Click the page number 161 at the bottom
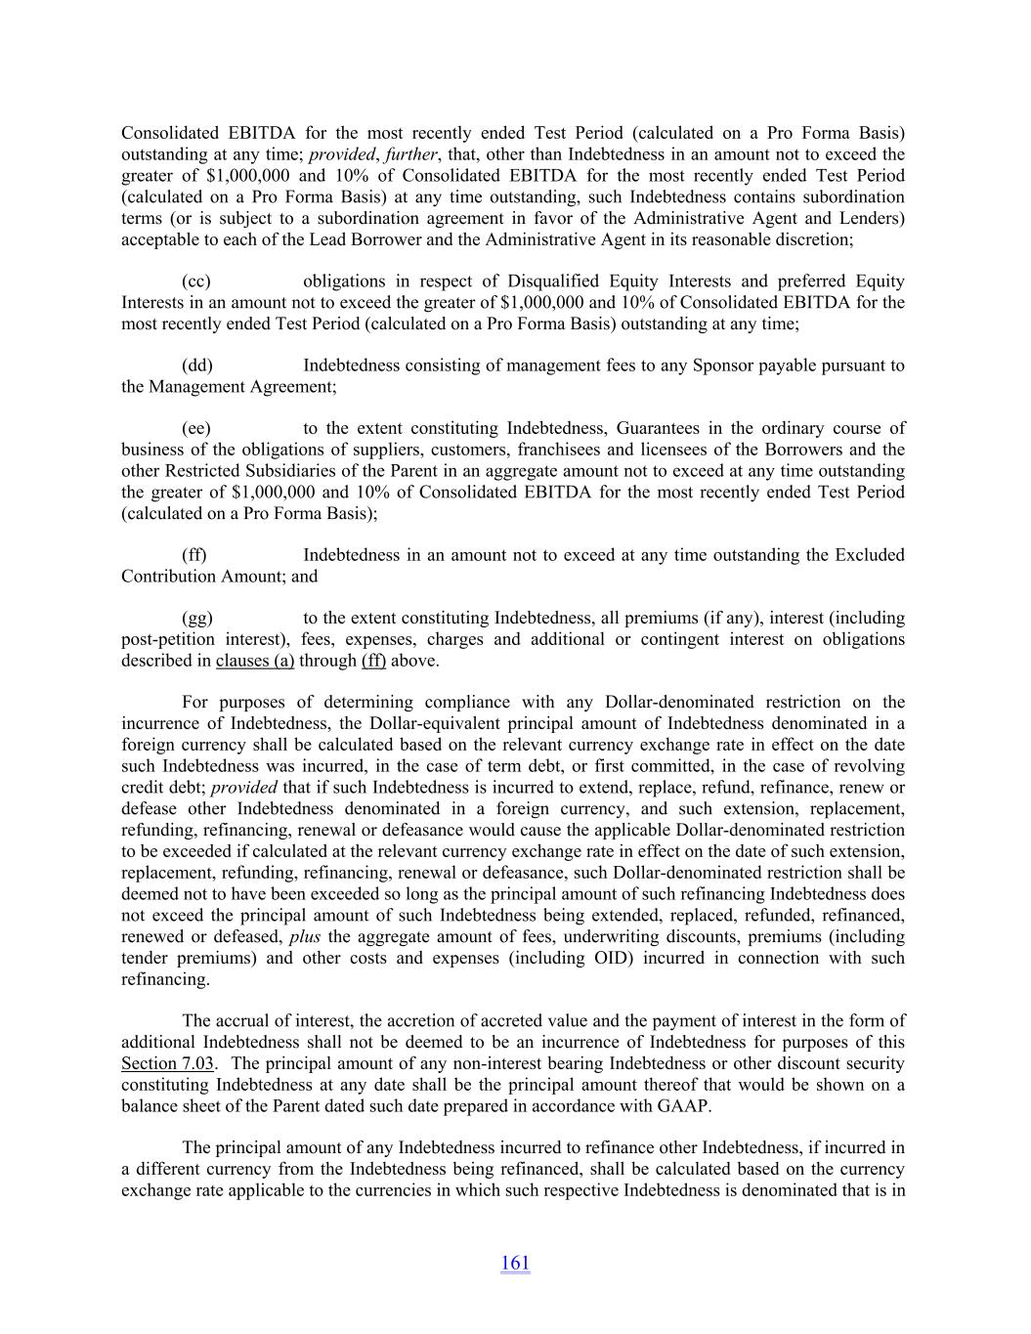click(515, 1263)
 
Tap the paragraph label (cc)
click(196, 281)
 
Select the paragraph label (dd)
click(197, 366)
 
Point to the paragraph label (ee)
click(196, 428)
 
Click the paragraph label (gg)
click(197, 618)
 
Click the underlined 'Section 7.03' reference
click(167, 1063)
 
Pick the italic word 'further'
click(411, 154)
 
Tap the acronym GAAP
click(684, 1106)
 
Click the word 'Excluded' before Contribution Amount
click(870, 555)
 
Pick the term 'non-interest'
click(527, 1063)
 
